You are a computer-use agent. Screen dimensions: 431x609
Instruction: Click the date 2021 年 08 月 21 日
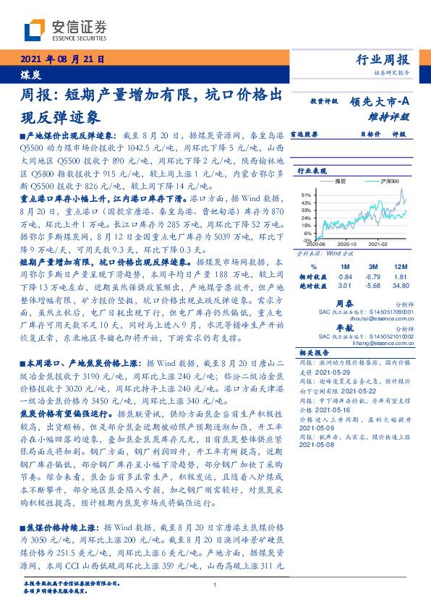(x=60, y=60)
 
